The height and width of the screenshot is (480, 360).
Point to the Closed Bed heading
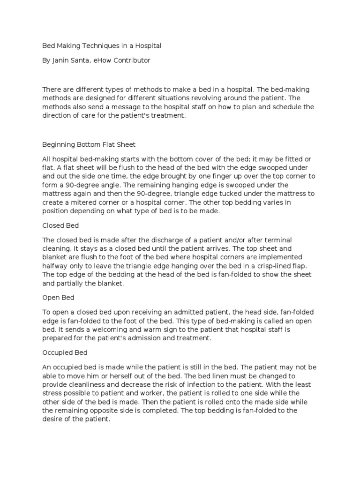(60, 225)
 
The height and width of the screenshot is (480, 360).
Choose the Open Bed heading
(58, 298)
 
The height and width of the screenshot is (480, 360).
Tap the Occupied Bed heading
(65, 352)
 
